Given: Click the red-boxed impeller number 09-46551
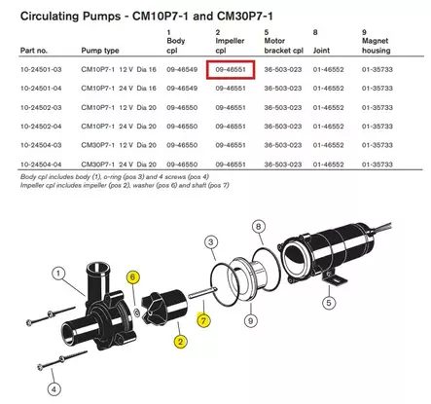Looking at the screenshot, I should (233, 71).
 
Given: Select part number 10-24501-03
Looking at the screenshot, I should (36, 71).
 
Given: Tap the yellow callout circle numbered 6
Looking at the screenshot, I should (132, 277).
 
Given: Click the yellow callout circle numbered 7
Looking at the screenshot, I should (202, 318).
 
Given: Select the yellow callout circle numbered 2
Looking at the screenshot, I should (180, 341).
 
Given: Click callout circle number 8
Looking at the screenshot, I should (258, 226).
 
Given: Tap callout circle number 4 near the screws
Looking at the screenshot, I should (54, 388).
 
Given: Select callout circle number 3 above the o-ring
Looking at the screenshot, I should (210, 241).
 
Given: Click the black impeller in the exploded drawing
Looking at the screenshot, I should (160, 303).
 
